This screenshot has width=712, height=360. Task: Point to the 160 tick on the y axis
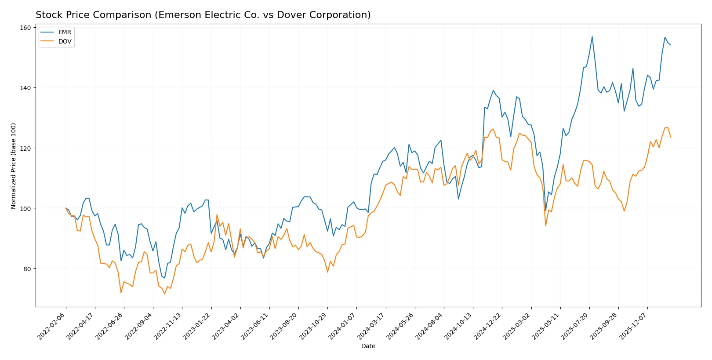(x=25, y=28)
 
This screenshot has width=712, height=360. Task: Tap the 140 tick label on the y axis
(x=25, y=88)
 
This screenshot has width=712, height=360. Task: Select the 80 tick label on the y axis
(x=27, y=269)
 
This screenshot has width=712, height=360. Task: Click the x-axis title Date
(x=368, y=346)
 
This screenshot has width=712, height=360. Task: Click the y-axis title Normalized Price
(x=13, y=166)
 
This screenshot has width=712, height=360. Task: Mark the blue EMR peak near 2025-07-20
(x=592, y=36)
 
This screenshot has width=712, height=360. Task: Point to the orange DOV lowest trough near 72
(x=165, y=294)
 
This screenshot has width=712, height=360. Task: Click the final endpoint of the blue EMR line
(x=671, y=45)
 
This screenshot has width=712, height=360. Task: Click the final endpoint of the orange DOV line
(x=671, y=137)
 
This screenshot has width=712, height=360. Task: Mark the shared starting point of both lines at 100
(x=66, y=208)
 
